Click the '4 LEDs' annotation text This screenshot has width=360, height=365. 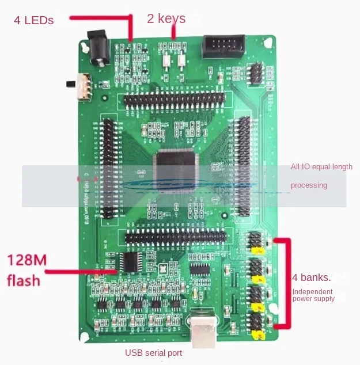34,20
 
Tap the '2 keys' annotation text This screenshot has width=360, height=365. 166,18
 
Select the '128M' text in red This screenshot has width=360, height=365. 26,260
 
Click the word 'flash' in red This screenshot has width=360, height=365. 24,280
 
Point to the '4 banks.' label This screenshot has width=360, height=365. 311,277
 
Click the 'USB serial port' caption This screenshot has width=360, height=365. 154,352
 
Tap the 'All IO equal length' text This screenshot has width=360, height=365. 321,167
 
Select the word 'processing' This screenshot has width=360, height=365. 309,185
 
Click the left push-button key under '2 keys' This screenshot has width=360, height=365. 165,59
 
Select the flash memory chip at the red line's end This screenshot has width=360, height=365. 134,262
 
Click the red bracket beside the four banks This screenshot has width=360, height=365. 286,282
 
